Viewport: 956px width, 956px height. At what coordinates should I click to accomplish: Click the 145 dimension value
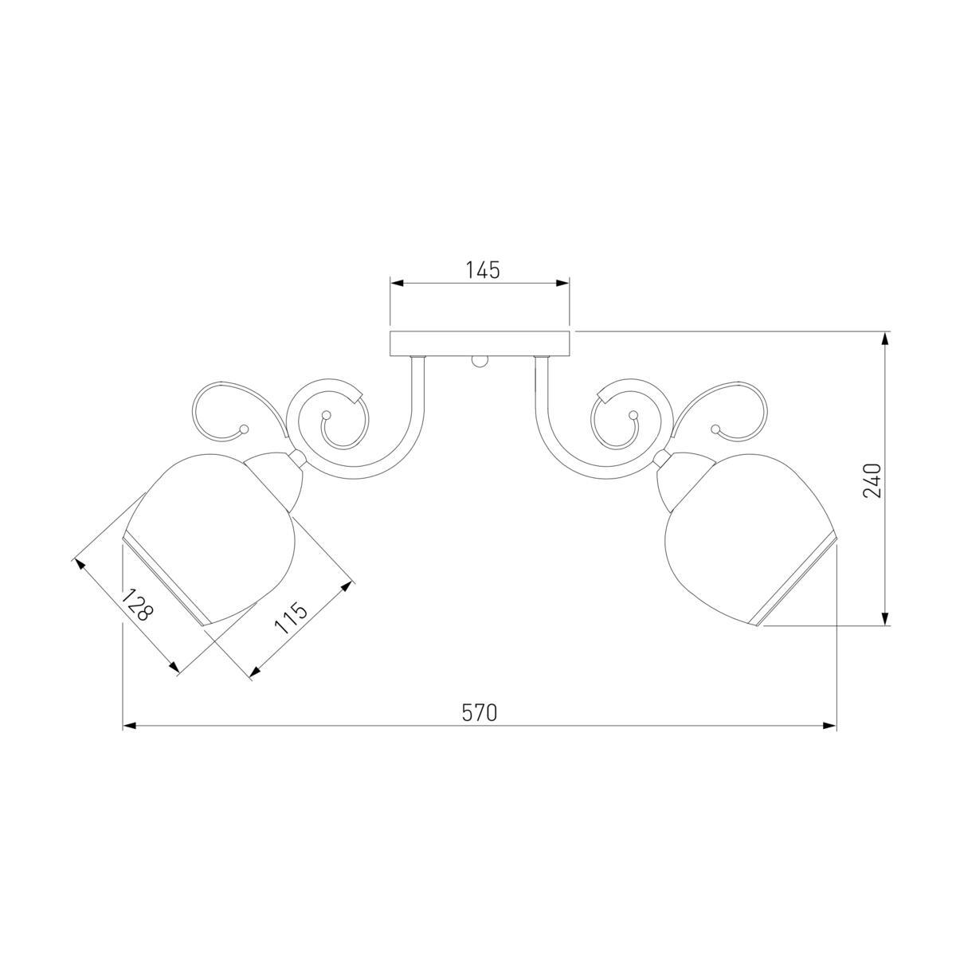(482, 270)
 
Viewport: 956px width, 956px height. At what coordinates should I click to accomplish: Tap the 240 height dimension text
(872, 480)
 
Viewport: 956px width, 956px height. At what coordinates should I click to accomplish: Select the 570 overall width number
(479, 713)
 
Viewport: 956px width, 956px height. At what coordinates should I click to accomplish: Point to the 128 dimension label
(135, 605)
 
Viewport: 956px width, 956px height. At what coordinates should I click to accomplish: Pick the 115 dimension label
(291, 617)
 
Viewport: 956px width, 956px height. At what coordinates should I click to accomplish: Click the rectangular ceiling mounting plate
(480, 343)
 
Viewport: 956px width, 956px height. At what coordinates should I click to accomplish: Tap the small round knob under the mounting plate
(480, 361)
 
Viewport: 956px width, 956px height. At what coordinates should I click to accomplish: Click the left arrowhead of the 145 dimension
(397, 284)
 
